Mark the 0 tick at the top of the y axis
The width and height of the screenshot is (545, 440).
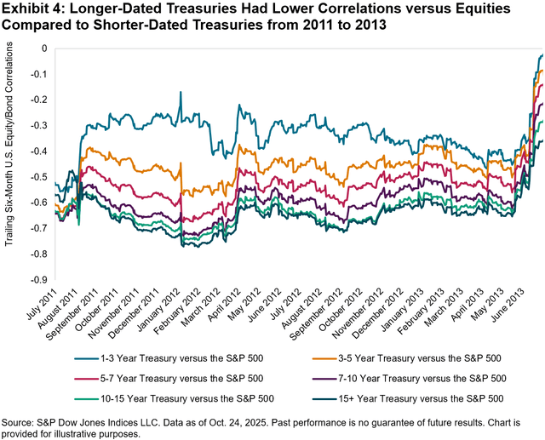[44, 48]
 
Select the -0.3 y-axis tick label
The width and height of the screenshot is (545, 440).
[38, 125]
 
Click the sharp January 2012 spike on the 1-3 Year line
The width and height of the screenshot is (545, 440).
[181, 93]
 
